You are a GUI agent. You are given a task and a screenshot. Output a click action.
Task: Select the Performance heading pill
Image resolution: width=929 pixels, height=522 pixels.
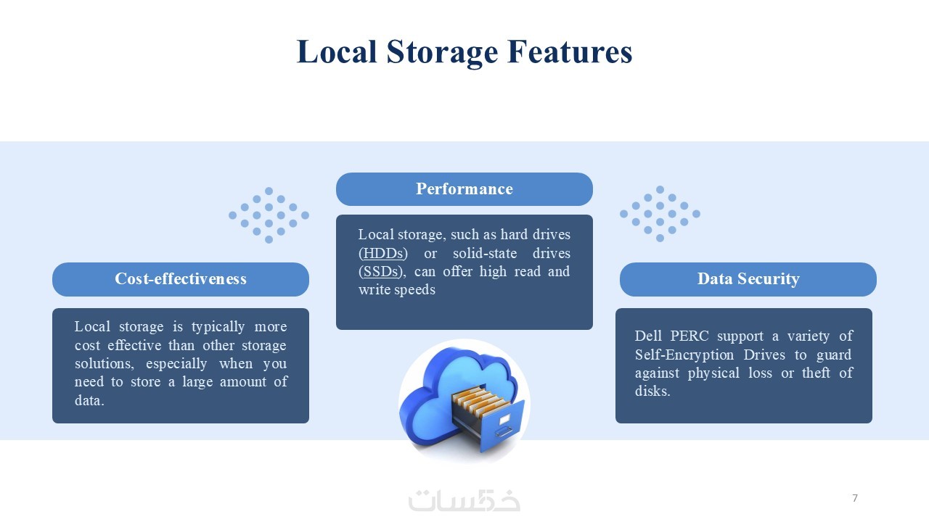tap(464, 189)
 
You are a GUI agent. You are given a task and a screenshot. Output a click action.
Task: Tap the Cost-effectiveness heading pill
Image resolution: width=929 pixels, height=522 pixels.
tap(181, 279)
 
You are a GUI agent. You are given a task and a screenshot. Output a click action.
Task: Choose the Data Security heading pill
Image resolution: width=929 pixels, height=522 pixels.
tap(748, 279)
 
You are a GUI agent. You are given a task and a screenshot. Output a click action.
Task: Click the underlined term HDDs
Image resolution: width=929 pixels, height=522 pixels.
tap(383, 254)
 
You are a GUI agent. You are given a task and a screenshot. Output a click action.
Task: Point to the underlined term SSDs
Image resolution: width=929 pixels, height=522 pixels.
tap(381, 272)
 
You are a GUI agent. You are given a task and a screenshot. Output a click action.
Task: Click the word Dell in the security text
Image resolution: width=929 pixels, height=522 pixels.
tap(649, 336)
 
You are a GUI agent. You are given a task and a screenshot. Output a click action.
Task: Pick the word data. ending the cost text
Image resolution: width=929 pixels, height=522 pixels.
tap(89, 400)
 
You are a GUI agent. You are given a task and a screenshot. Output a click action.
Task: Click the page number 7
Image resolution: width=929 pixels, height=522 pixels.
tap(855, 498)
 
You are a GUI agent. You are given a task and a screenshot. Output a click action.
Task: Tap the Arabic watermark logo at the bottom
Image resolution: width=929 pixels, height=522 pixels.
tap(464, 500)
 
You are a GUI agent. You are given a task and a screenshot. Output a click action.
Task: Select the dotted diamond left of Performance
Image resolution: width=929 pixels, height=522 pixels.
tap(269, 215)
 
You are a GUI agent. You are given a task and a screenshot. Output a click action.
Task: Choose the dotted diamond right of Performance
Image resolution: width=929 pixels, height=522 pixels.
tap(660, 213)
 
